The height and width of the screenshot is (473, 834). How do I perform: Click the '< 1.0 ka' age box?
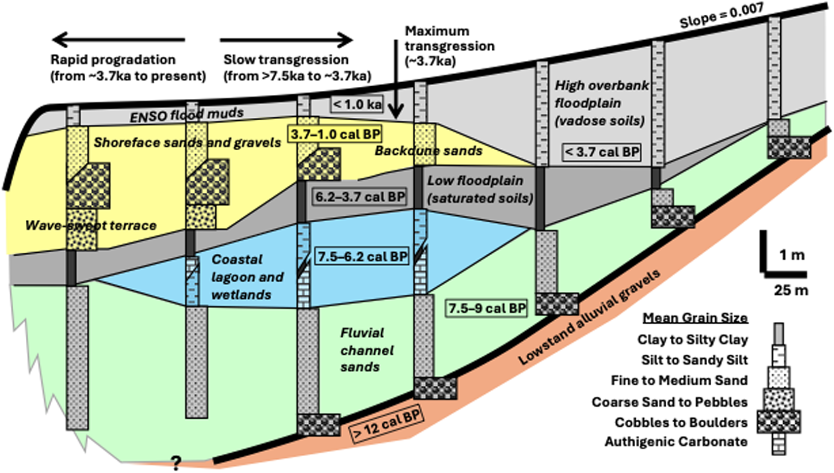(x=357, y=105)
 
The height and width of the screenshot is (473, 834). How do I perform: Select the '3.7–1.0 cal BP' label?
(x=335, y=134)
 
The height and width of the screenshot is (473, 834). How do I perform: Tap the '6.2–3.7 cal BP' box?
(x=360, y=197)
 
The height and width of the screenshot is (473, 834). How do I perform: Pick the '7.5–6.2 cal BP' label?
(x=362, y=257)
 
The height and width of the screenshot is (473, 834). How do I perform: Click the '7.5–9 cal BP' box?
(x=486, y=308)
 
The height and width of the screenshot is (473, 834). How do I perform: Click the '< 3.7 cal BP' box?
(x=602, y=152)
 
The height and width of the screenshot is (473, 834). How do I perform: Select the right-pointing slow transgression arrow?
(x=286, y=40)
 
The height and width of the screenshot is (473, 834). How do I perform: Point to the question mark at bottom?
(x=175, y=462)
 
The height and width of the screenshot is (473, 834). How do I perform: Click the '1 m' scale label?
(x=792, y=255)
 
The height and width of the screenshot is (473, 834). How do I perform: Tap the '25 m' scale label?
(x=791, y=290)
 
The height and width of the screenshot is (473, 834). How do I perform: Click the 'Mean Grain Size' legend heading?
(x=695, y=318)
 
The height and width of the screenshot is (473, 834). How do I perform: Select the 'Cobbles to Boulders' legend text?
(x=681, y=423)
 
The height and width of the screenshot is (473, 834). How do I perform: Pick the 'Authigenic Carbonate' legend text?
(x=676, y=442)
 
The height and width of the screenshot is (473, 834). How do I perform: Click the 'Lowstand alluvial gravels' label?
(x=589, y=317)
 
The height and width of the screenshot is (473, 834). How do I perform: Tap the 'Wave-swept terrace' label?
(x=91, y=225)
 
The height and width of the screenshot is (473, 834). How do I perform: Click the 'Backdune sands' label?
(x=428, y=151)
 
